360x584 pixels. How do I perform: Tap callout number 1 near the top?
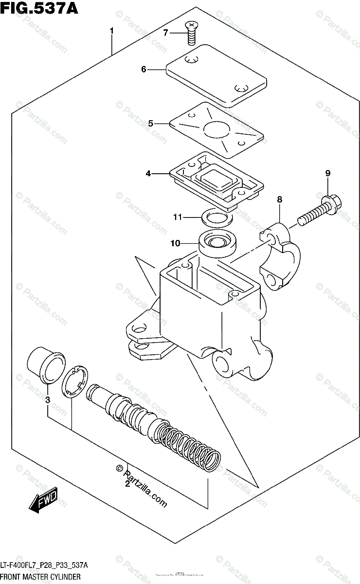[111, 31]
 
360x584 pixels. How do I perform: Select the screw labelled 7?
[192, 31]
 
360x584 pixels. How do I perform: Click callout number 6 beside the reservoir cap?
[144, 70]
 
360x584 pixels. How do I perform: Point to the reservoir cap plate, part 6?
[216, 75]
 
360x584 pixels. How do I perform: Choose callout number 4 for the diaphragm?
[148, 173]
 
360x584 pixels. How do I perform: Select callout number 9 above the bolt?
[328, 173]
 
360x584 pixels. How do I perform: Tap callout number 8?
[280, 199]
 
